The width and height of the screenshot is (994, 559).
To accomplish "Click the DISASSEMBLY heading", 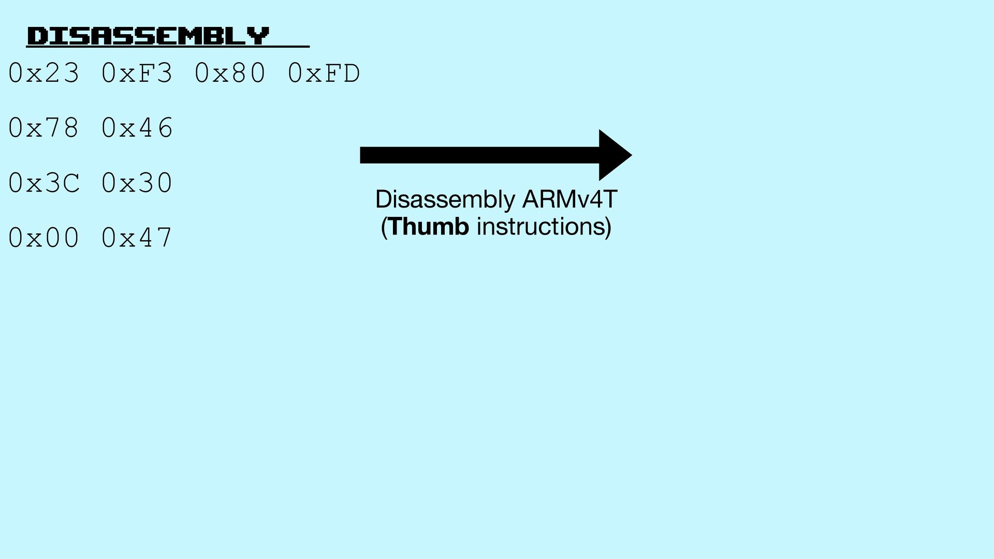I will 148,36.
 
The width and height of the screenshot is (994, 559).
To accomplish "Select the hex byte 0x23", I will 44,73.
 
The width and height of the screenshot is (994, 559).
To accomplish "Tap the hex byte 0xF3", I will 137,73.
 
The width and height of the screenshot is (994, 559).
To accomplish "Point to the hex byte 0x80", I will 230,73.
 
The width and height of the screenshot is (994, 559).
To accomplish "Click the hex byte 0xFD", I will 324,73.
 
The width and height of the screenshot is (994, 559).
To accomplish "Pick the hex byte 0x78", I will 44,128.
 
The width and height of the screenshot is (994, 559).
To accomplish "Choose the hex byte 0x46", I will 137,128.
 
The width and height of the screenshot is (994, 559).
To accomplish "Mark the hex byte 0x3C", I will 44,183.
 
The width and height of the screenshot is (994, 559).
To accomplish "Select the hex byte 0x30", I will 137,183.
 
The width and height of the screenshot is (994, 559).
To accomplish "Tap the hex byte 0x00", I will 44,238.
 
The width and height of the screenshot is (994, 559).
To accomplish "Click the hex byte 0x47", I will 137,238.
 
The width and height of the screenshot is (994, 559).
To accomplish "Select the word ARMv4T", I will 569,199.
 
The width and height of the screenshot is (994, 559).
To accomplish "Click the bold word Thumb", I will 429,227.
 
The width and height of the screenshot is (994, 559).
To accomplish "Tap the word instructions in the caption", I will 540,227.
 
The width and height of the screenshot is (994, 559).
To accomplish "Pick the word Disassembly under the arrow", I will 445,199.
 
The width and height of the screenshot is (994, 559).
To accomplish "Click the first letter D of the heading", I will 35,36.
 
